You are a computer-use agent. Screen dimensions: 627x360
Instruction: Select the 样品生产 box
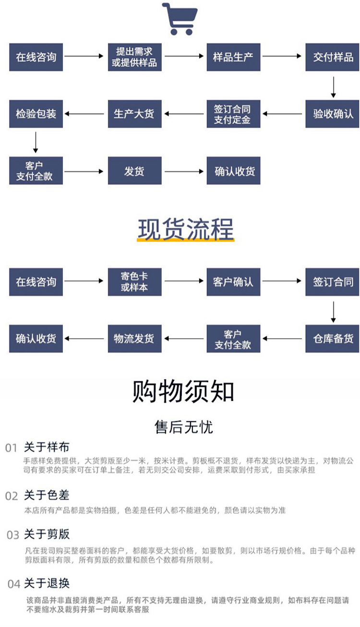pyautogui.click(x=233, y=57)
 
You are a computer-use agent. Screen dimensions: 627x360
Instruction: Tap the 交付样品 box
pyautogui.click(x=333, y=57)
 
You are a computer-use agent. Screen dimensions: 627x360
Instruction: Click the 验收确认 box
pyautogui.click(x=333, y=114)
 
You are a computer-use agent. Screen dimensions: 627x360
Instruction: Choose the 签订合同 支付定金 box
pyautogui.click(x=233, y=114)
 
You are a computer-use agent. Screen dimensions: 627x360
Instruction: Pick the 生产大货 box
pyautogui.click(x=134, y=114)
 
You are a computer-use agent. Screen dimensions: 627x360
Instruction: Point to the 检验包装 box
pyautogui.click(x=36, y=114)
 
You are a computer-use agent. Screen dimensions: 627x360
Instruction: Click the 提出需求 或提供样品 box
pyautogui.click(x=134, y=57)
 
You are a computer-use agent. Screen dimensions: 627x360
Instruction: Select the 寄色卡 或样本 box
pyautogui.click(x=134, y=282)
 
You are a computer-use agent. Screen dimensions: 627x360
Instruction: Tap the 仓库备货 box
pyautogui.click(x=333, y=338)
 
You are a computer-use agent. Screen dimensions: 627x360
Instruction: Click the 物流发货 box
pyautogui.click(x=134, y=338)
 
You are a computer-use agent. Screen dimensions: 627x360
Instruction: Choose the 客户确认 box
pyautogui.click(x=233, y=282)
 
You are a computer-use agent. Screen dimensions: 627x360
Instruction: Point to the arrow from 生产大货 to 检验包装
pyautogui.click(x=85, y=114)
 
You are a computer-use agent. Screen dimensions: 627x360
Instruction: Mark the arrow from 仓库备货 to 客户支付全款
pyautogui.click(x=283, y=338)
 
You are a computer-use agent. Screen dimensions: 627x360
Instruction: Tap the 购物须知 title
pyautogui.click(x=183, y=391)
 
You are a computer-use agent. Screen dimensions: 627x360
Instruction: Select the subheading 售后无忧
pyautogui.click(x=183, y=427)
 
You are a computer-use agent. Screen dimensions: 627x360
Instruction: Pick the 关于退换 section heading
pyautogui.click(x=47, y=583)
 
